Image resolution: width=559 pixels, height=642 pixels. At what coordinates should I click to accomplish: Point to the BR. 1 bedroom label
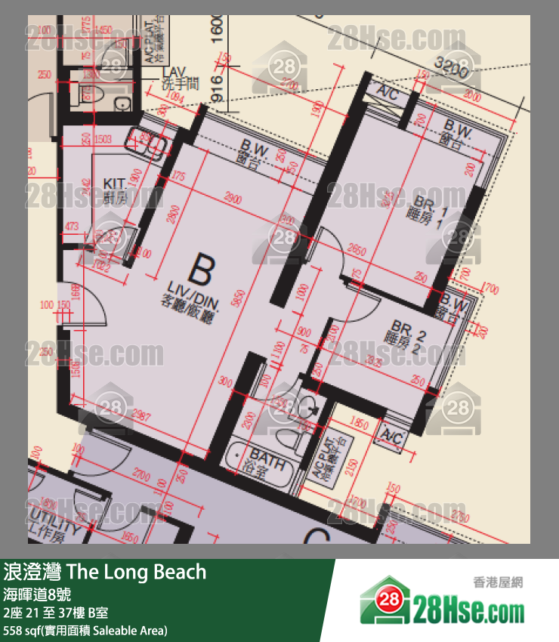tap(432, 206)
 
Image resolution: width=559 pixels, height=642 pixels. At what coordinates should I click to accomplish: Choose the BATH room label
tap(268, 459)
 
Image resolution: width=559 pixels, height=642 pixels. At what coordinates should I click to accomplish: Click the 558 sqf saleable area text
tap(85, 630)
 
